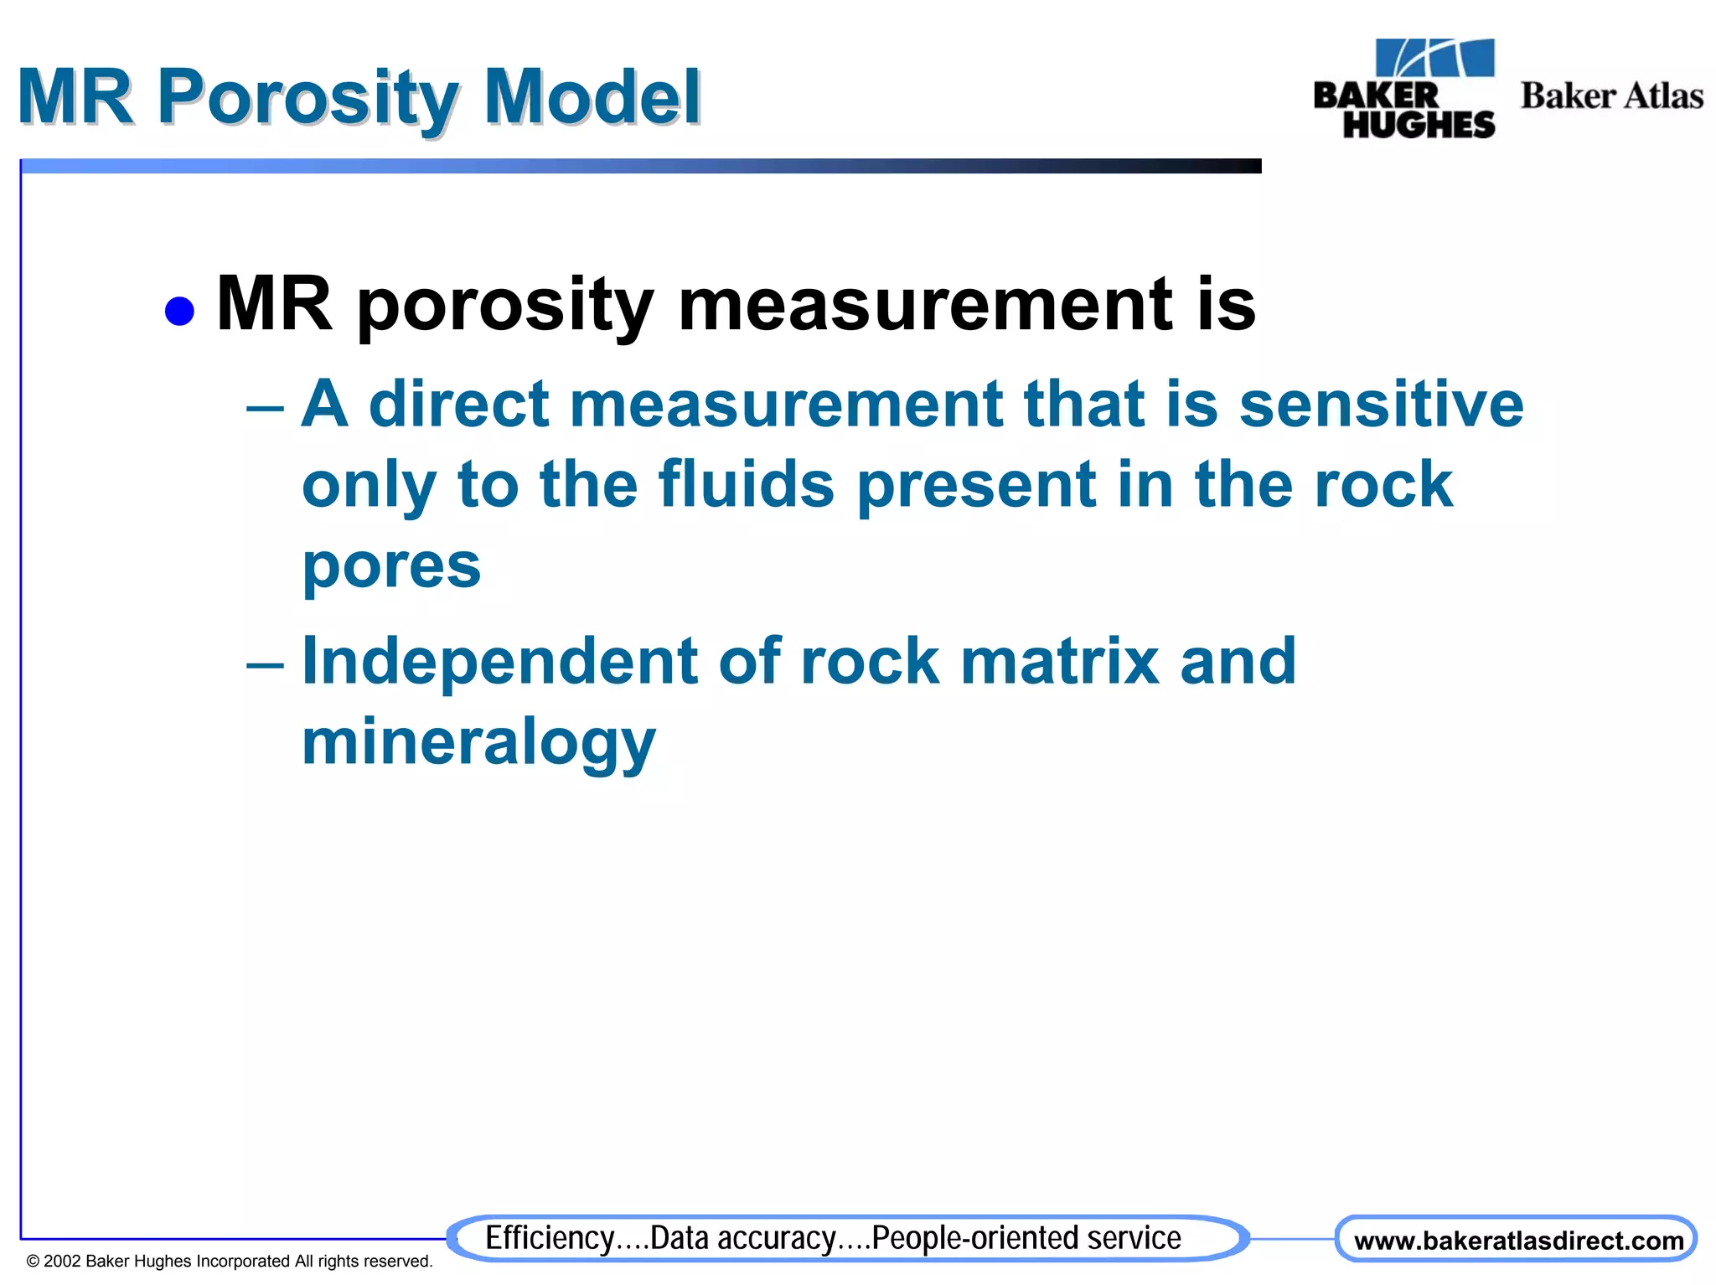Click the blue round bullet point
179,311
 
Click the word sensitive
1381,405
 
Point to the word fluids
747,485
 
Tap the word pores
391,566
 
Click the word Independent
499,662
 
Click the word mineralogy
478,743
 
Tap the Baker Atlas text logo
1611,96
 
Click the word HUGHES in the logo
1419,125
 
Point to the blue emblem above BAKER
1434,59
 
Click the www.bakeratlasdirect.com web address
1518,1241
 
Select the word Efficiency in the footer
550,1238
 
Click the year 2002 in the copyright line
62,1262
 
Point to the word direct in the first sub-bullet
458,405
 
